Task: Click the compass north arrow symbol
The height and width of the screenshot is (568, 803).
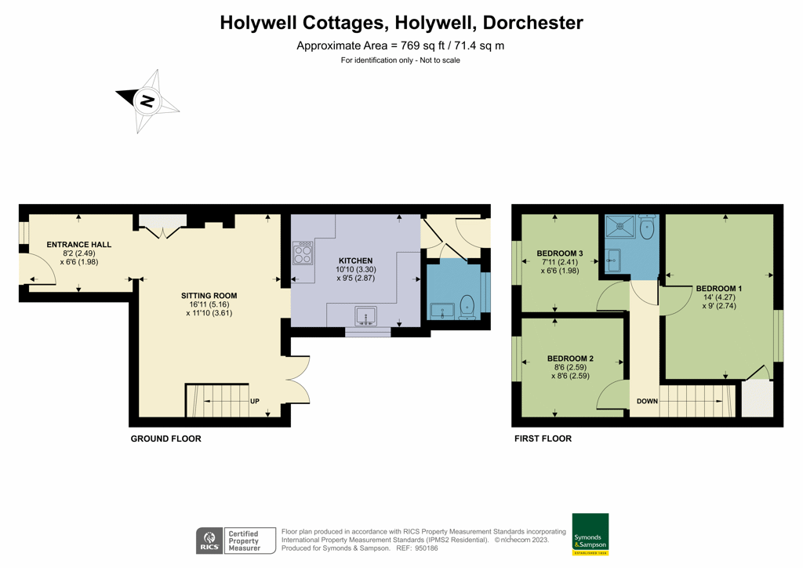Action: click(x=147, y=100)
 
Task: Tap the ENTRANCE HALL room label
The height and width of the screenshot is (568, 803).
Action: click(x=78, y=245)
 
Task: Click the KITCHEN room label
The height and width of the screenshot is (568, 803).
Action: click(x=355, y=260)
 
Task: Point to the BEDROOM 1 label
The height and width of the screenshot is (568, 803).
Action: click(x=718, y=289)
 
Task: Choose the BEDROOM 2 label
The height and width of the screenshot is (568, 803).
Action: click(x=570, y=359)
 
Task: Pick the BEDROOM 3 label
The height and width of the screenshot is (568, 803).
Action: click(x=560, y=253)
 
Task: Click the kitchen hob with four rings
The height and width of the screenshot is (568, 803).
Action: click(x=303, y=253)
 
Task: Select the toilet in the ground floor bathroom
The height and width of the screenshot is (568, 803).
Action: click(x=467, y=306)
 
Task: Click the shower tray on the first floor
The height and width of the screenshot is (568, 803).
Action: click(x=620, y=226)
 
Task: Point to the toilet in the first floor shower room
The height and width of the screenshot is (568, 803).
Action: click(x=647, y=227)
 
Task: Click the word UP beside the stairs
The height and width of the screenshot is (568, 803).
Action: click(x=255, y=402)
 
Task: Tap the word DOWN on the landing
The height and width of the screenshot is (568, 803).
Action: click(x=647, y=402)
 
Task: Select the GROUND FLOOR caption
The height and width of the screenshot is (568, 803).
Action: click(x=165, y=439)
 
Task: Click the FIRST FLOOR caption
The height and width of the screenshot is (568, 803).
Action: click(x=543, y=439)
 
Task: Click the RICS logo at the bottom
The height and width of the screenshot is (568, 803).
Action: click(x=209, y=541)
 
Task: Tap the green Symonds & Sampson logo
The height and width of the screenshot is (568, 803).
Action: click(x=590, y=534)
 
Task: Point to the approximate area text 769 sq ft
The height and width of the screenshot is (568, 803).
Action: click(x=400, y=46)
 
